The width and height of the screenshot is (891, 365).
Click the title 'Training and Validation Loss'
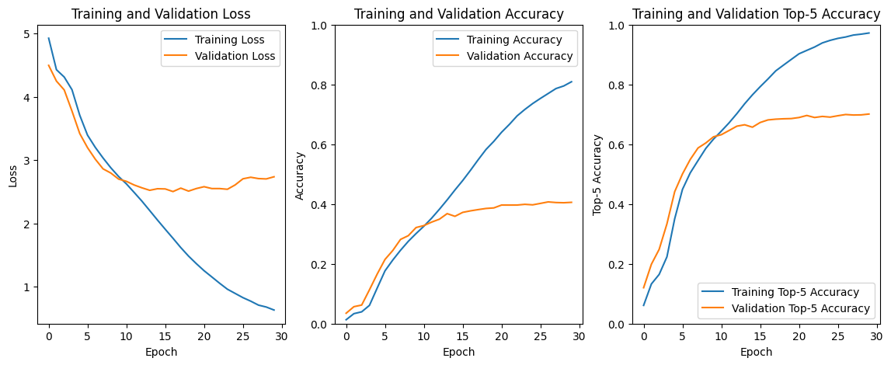[161, 13]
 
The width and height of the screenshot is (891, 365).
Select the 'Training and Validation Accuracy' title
[458, 13]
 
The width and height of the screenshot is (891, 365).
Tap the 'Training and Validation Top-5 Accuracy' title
[756, 13]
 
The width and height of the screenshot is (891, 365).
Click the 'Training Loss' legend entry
[230, 40]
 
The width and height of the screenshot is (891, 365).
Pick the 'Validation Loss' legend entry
[235, 56]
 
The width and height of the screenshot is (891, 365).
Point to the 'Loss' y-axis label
[13, 175]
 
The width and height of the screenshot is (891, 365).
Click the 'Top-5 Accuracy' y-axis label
[597, 175]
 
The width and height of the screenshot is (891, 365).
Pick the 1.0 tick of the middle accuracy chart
[318, 26]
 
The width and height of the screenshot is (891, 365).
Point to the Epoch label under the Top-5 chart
[756, 352]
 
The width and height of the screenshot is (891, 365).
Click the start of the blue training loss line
[49, 38]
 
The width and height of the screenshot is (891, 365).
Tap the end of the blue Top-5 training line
[869, 33]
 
